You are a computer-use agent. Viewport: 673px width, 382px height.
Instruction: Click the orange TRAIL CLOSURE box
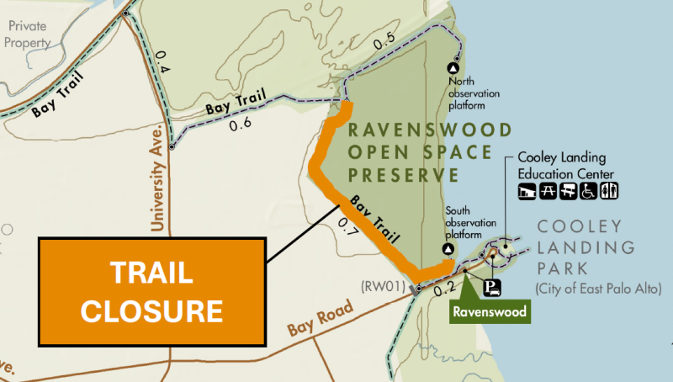[x=152, y=291]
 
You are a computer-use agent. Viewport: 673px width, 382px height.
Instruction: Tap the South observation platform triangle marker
[x=448, y=251]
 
